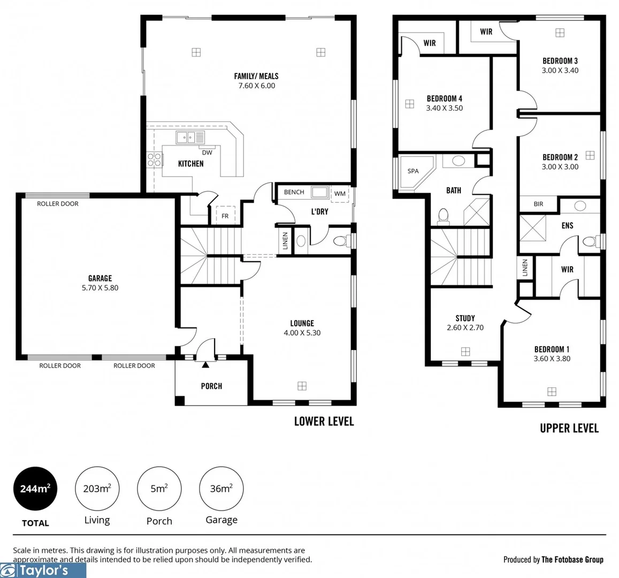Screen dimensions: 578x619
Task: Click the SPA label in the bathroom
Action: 413,171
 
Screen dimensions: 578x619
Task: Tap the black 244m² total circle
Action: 35,489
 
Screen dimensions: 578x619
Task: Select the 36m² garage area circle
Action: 221,489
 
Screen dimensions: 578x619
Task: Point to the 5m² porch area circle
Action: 159,489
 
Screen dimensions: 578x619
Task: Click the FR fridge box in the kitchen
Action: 225,216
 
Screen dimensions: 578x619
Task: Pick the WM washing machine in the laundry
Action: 340,194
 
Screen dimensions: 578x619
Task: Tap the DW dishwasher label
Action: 207,153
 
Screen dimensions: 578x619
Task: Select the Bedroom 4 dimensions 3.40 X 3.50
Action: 444,108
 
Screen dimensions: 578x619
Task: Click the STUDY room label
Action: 465,318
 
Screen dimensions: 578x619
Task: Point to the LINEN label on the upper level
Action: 525,268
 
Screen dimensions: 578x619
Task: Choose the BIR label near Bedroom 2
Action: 538,204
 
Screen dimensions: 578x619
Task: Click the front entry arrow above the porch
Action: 205,364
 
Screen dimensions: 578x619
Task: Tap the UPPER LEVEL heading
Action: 569,428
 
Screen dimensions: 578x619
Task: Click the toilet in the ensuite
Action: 589,241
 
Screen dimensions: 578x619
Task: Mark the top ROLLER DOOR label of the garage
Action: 58,204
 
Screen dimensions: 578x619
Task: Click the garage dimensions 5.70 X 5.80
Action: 100,288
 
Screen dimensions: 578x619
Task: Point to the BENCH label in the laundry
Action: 294,192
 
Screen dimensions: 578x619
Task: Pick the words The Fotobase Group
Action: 572,560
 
